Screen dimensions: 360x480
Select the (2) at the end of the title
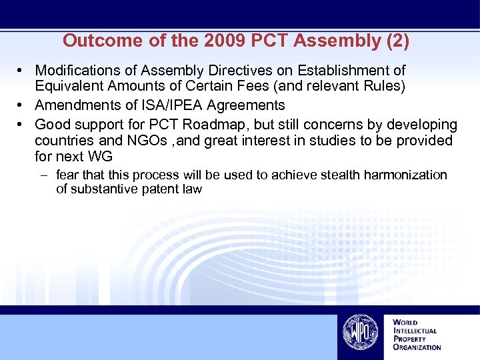click(398, 41)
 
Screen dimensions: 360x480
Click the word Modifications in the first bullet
click(77, 70)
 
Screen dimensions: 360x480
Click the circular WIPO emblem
click(360, 332)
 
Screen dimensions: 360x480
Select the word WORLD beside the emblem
click(405, 323)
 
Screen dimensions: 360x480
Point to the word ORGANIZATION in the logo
click(417, 347)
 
